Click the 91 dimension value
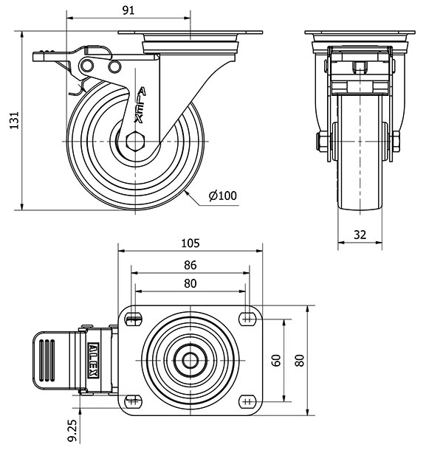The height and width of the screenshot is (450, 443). [x=128, y=10]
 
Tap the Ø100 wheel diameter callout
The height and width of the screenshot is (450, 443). [x=222, y=195]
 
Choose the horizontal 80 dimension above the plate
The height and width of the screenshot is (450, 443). [x=190, y=283]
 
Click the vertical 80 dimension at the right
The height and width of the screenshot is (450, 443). [x=298, y=360]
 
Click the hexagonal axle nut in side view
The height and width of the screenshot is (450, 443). [x=135, y=140]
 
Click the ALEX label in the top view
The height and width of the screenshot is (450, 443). [x=94, y=360]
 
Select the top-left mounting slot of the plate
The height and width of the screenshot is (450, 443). [x=134, y=319]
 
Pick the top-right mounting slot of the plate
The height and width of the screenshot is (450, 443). [x=246, y=319]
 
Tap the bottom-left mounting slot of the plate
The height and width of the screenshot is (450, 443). [x=134, y=401]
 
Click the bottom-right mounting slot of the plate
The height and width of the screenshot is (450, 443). [x=246, y=401]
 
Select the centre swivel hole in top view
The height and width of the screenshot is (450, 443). [x=190, y=360]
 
